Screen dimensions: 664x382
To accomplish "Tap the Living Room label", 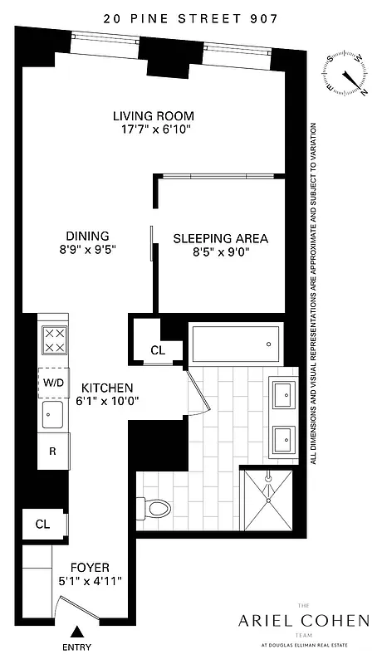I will tap(158, 115).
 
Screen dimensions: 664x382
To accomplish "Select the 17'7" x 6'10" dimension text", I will tap(158, 129).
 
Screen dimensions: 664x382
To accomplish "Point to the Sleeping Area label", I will tap(220, 238).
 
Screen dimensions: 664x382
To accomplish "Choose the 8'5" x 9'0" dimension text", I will tap(220, 252).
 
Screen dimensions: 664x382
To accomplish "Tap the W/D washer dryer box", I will tap(54, 382).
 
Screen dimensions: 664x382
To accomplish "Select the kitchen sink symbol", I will tap(54, 415).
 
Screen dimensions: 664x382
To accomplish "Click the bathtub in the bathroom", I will tap(237, 343).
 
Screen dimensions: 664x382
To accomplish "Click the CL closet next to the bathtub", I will tap(158, 350).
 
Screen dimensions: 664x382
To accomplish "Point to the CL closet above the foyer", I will tap(42, 524).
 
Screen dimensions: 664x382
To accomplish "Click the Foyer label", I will tap(87, 567).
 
